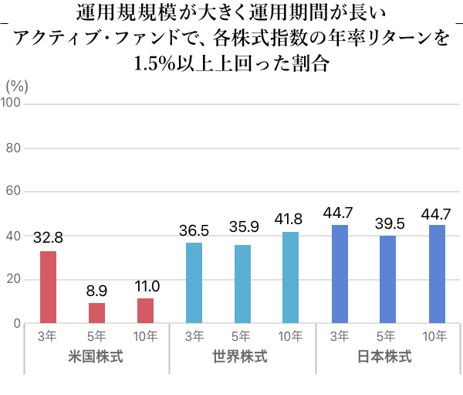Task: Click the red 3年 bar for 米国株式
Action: [49, 287]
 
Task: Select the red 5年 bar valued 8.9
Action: [96, 313]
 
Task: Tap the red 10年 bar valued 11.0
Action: [145, 311]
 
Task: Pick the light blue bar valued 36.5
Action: [194, 283]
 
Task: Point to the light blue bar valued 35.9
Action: [242, 284]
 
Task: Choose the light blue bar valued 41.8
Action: [290, 278]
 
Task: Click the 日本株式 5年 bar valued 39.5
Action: [388, 280]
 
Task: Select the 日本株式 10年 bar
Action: [437, 274]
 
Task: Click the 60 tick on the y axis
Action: [14, 192]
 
